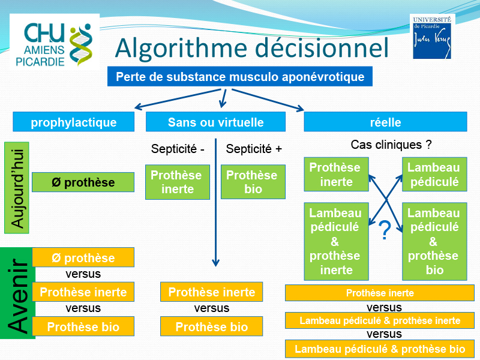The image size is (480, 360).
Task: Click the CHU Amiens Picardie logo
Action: [55, 42]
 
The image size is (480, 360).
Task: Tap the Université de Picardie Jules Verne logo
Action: [432, 37]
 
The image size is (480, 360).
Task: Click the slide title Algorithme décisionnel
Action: [251, 48]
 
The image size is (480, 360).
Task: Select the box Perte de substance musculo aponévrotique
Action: [239, 77]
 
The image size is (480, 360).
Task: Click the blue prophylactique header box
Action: [73, 122]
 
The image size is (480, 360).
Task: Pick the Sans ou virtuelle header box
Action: [215, 122]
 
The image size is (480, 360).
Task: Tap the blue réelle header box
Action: [385, 122]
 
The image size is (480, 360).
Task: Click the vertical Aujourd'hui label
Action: [17, 188]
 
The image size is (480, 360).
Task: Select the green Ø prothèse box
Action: [83, 182]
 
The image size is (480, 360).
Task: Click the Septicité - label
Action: [178, 149]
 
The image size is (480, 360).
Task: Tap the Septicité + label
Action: [254, 149]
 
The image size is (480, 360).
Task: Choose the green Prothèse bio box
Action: [253, 182]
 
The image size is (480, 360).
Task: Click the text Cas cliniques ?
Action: [391, 145]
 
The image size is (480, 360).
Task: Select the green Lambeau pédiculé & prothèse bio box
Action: [434, 242]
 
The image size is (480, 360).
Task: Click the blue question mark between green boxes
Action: [385, 230]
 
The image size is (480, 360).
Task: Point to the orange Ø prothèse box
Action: [83, 257]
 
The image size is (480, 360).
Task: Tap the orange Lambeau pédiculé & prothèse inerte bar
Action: [380, 320]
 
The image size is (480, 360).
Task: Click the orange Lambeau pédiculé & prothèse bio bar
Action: [380, 349]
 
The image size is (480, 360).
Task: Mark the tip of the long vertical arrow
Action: [216, 266]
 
